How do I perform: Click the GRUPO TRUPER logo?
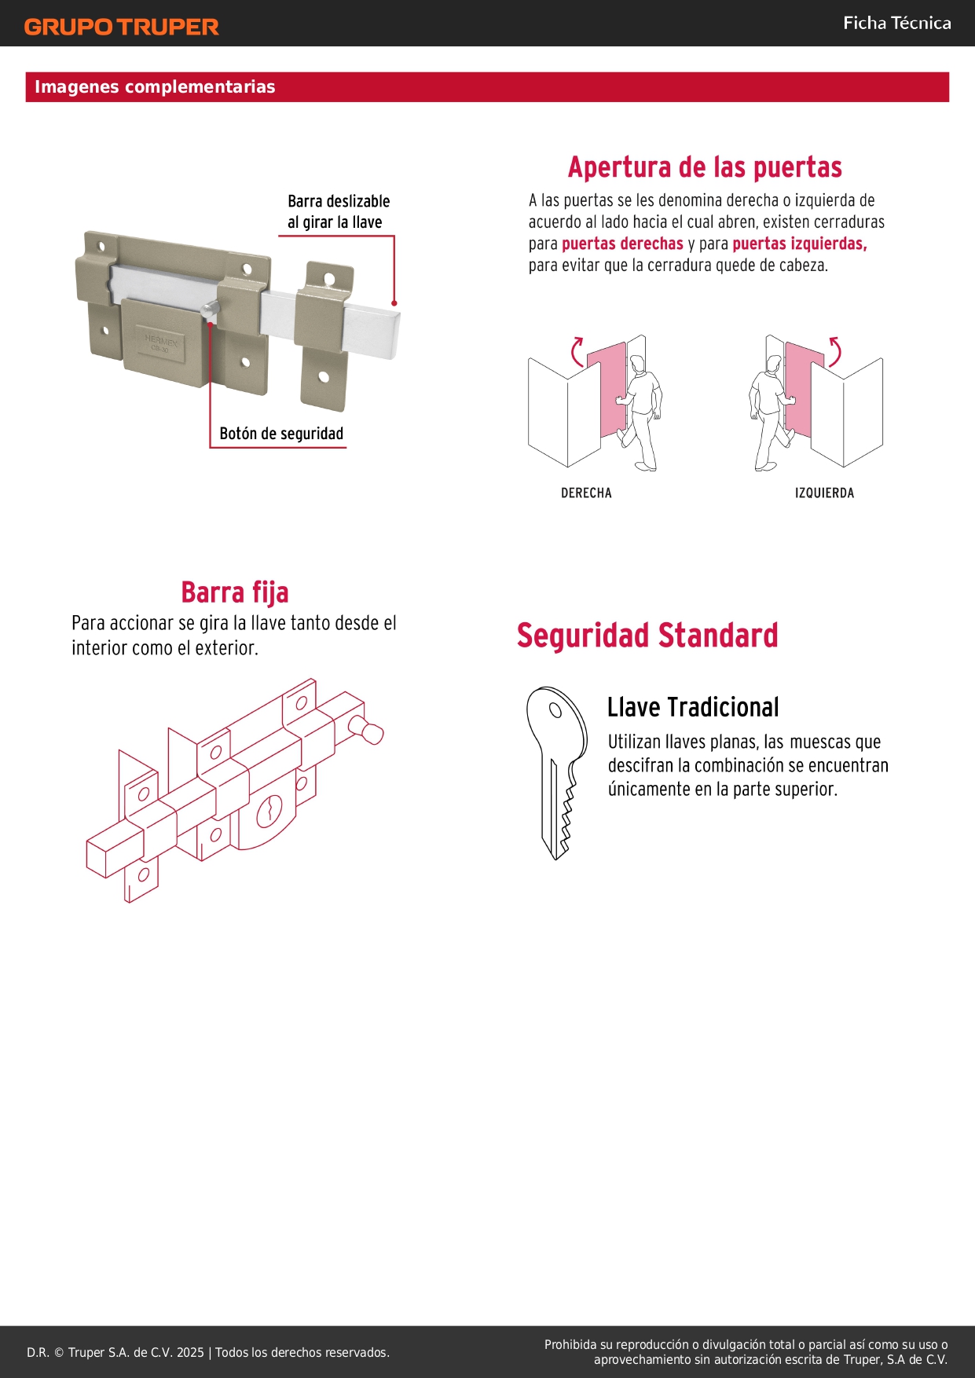121,27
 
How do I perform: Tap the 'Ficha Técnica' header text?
897,23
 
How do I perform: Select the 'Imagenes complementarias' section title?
155,86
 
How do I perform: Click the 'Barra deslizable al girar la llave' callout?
339,211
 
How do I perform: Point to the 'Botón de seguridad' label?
281,434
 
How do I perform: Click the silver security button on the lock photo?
208,311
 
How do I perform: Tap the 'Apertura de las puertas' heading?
705,167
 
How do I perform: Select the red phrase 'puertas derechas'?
622,244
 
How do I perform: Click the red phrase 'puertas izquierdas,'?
800,244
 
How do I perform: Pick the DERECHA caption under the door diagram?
586,493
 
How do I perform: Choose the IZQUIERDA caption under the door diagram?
824,493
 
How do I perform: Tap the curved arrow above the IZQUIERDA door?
835,351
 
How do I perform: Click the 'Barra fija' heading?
235,592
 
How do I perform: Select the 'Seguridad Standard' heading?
647,636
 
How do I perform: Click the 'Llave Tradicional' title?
693,707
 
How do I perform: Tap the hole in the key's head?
555,710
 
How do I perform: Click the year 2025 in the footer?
190,1352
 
